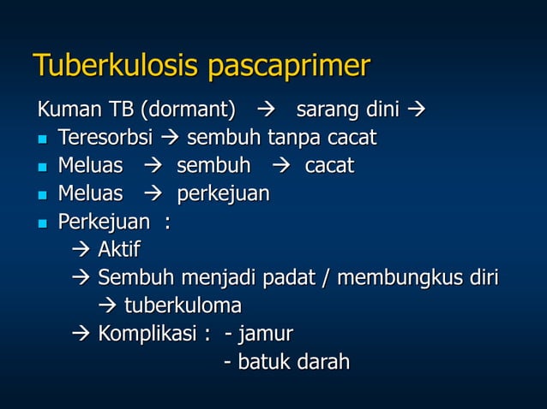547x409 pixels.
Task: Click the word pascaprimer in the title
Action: point(290,66)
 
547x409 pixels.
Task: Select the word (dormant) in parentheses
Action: point(188,111)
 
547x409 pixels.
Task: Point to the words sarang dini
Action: point(350,111)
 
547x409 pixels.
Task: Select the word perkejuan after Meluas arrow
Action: point(223,194)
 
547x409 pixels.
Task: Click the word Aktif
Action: point(119,250)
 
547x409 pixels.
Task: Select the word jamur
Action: point(265,334)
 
